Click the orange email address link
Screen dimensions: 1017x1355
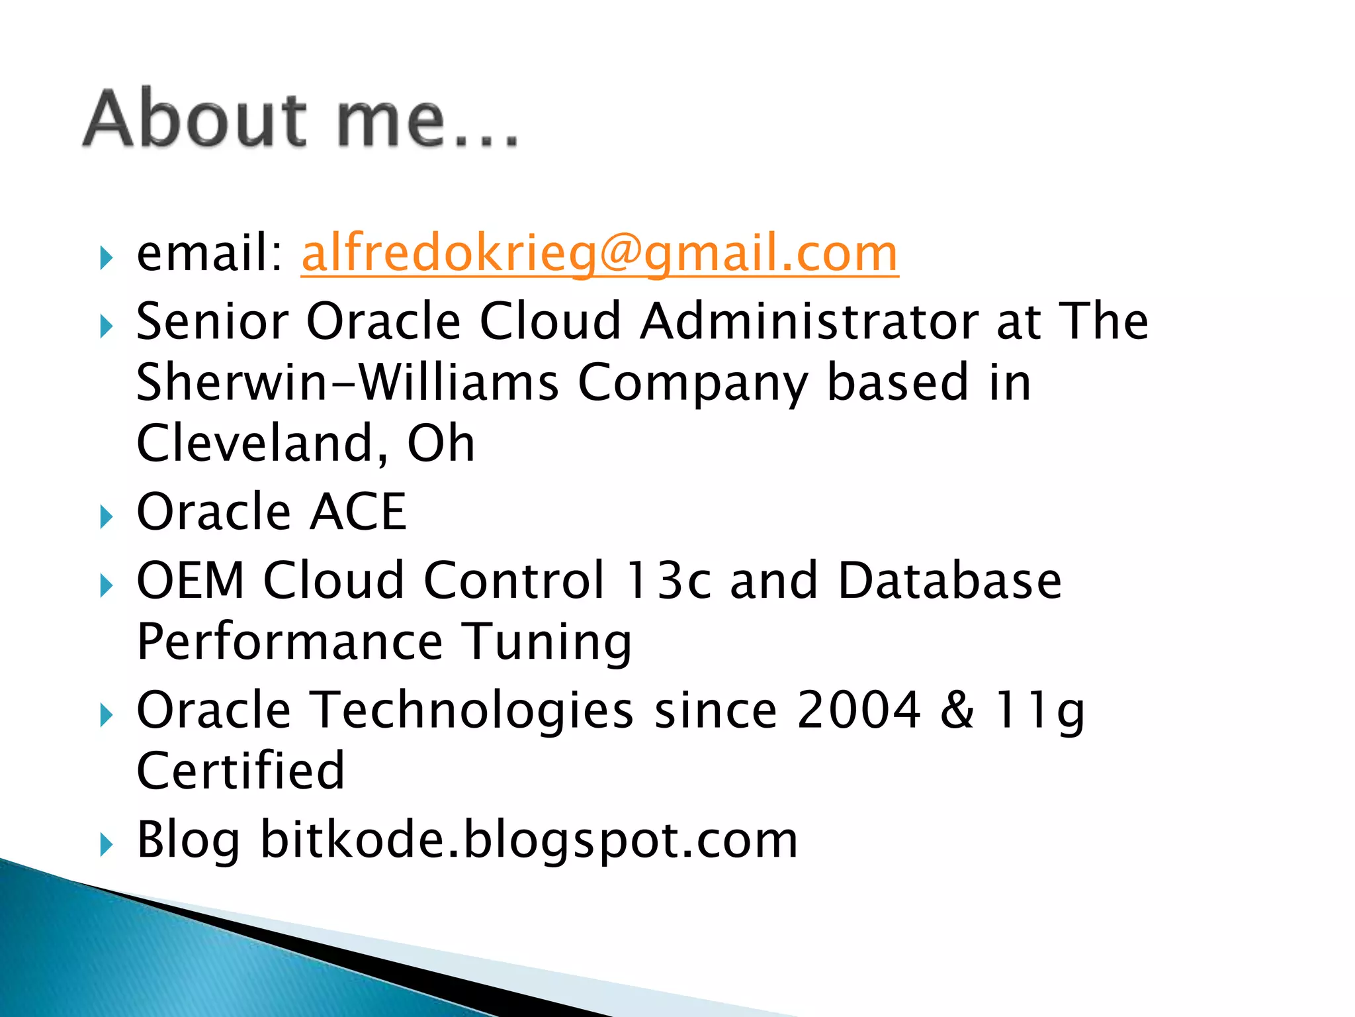coord(599,254)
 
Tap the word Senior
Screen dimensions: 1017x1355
coord(212,321)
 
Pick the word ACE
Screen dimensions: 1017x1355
coord(358,512)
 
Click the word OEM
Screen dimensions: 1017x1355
coord(191,581)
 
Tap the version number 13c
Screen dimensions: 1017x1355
coord(668,581)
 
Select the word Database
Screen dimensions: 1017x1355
coord(949,581)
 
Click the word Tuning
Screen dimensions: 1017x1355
coord(546,642)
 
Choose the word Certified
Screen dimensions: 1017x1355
coord(241,771)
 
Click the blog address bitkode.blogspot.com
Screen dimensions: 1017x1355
coord(529,840)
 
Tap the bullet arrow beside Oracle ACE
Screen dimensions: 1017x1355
coord(107,516)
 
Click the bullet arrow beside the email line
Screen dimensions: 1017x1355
coord(107,258)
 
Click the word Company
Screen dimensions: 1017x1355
coord(693,383)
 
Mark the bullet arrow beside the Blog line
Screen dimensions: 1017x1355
coord(107,844)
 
